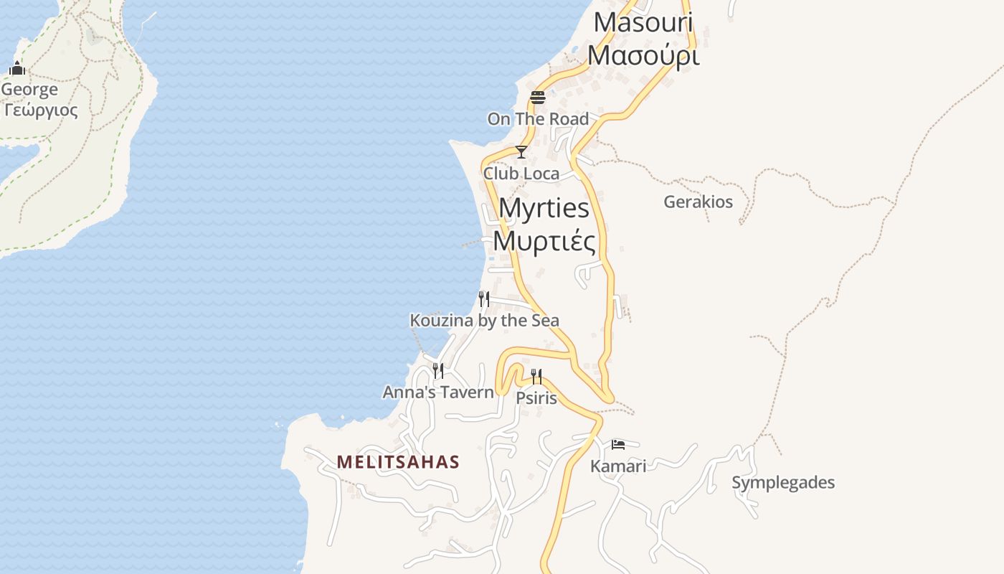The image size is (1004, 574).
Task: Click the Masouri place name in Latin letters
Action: point(643,23)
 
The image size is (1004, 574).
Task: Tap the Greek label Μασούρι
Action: point(643,55)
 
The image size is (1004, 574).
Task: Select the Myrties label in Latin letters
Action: point(544,209)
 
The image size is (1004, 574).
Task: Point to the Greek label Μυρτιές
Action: point(544,241)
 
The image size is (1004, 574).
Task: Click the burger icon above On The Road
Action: point(538,98)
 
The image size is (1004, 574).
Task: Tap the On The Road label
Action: point(538,119)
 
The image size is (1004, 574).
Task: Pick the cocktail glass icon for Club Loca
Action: point(521,152)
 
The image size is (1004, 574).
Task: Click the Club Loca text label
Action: point(521,174)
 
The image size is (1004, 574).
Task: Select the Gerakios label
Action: point(698,202)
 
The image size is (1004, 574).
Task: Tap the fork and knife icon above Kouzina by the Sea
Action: point(484,298)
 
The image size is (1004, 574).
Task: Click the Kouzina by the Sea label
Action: point(484,321)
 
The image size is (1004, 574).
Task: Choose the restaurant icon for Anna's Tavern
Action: point(438,370)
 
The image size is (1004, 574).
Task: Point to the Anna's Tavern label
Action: point(438,392)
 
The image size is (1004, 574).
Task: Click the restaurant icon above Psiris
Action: point(536,376)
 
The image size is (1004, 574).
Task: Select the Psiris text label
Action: point(536,397)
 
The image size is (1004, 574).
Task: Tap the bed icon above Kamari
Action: point(618,445)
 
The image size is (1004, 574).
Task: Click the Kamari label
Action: point(618,466)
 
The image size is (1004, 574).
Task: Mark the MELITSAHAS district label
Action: point(398,462)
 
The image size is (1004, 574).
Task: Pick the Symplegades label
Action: point(783,483)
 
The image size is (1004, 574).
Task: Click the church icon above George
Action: point(17,69)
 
